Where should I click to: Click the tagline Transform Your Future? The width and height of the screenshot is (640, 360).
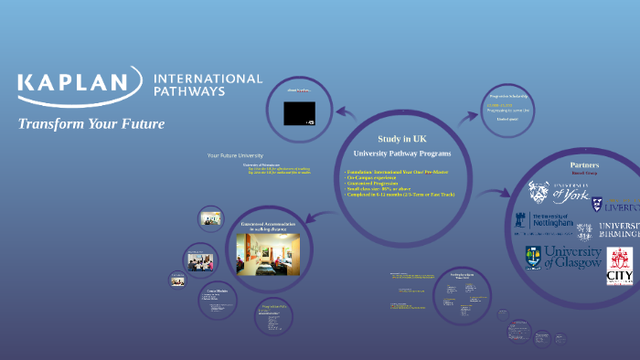[x=91, y=123]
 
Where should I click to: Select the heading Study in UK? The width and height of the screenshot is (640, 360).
[x=402, y=138]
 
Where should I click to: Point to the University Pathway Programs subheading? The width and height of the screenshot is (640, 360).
[x=401, y=153]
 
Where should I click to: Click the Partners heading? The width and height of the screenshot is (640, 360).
[x=584, y=164]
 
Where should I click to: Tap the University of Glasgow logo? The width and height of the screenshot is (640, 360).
[x=563, y=257]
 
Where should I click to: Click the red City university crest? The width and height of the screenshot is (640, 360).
[x=620, y=265]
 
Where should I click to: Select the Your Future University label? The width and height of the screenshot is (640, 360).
[x=235, y=155]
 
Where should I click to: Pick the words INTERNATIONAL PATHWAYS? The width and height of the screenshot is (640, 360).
[x=208, y=85]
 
